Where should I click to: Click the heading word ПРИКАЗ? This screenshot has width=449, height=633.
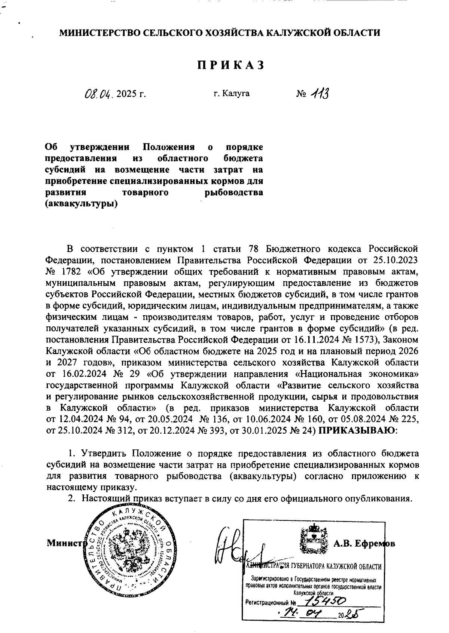(x=231, y=65)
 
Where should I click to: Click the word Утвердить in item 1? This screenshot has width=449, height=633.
(x=102, y=454)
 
